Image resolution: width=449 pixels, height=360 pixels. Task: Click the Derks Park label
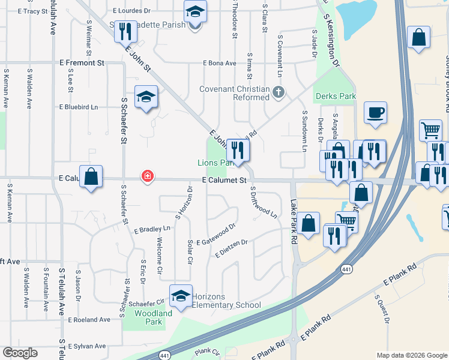334,96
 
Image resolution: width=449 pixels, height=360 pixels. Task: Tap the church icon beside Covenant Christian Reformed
277,92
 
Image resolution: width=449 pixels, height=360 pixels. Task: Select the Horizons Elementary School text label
226,305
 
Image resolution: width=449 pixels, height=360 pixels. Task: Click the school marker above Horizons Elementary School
181,296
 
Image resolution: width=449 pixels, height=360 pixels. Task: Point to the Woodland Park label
153,317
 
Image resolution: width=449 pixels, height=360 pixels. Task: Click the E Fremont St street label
82,62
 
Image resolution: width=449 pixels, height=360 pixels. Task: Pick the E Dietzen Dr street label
231,248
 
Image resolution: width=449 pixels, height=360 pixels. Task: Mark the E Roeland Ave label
89,320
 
